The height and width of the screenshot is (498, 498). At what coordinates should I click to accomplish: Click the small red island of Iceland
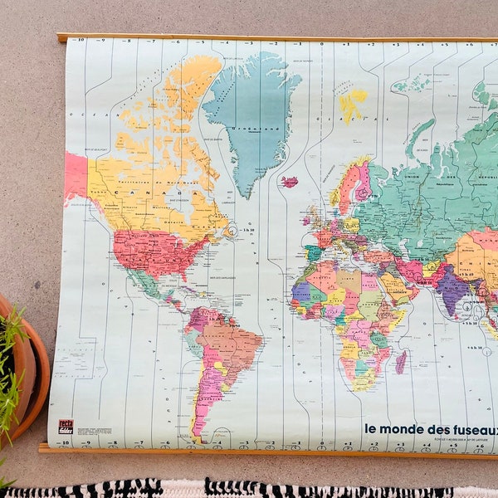coord(289,181)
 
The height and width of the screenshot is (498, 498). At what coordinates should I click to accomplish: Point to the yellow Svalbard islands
coord(352,103)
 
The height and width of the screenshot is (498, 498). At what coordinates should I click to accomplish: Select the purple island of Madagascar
coord(401,362)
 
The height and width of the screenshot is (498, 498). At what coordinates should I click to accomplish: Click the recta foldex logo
coord(66,427)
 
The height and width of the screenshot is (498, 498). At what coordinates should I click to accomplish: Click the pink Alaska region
coord(76,176)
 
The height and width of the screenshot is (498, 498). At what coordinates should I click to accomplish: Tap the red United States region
coord(154,251)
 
